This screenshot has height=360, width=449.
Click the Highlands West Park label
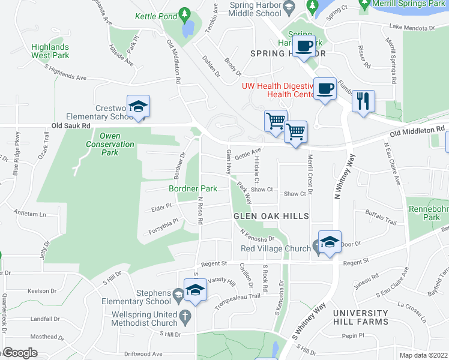tap(50, 51)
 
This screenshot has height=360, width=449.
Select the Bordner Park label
tap(192, 188)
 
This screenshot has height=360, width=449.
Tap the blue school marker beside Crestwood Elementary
tap(139, 107)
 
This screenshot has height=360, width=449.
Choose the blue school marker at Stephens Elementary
tap(195, 290)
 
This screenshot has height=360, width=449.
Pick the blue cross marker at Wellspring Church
tap(187, 315)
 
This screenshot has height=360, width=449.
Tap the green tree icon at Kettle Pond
tap(185, 13)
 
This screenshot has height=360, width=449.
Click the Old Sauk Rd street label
tap(71, 126)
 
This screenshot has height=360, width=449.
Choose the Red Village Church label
tap(275, 248)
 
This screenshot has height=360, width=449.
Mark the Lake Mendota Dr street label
tap(411, 28)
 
